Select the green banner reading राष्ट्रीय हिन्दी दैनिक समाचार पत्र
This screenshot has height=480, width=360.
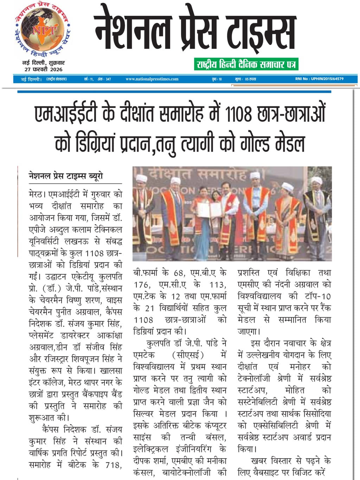[x=246, y=64]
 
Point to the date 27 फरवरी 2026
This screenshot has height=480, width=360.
[x=44, y=69]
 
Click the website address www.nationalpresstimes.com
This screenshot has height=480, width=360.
[x=152, y=79]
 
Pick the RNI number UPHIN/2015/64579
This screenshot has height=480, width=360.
[x=319, y=79]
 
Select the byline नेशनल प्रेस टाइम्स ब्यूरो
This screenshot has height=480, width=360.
[x=66, y=176]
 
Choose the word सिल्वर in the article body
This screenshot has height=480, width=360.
[x=145, y=414]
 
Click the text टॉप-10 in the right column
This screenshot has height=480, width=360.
[x=318, y=296]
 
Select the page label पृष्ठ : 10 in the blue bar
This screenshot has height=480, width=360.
[x=217, y=79]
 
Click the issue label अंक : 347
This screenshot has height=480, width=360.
[x=104, y=79]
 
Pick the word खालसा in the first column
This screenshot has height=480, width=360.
[x=111, y=370]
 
